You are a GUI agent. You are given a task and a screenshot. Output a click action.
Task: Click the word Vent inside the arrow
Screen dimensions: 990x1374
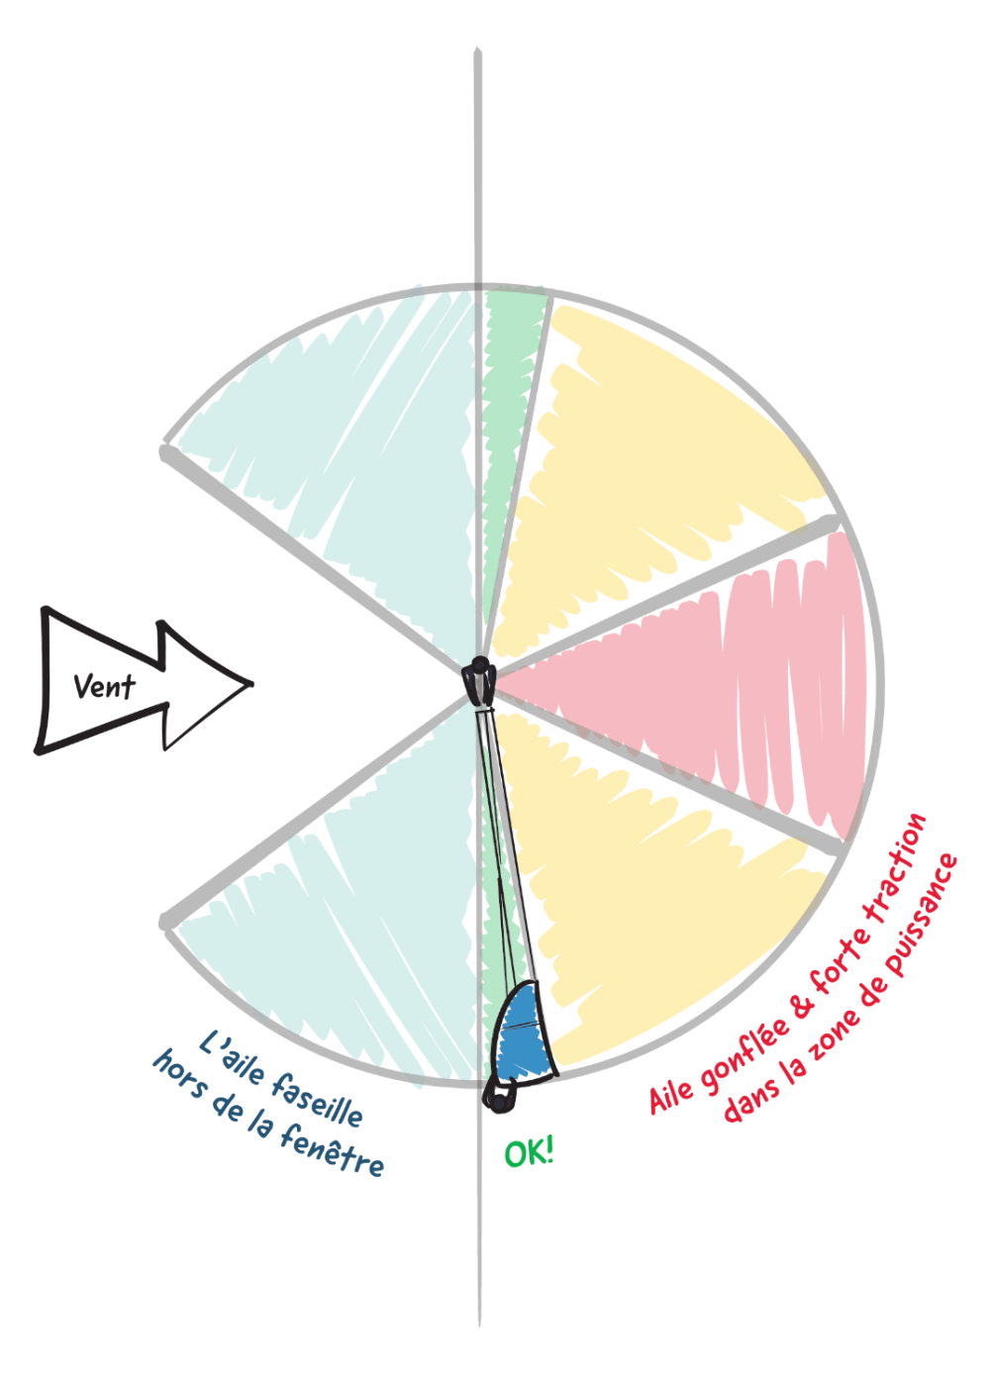pos(104,686)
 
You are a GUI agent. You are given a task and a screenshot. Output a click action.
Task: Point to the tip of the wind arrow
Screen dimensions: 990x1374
pos(252,683)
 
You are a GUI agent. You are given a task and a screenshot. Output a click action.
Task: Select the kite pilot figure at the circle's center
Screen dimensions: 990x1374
pos(479,681)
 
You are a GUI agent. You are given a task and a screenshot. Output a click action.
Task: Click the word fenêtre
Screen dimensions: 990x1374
pos(332,1150)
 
